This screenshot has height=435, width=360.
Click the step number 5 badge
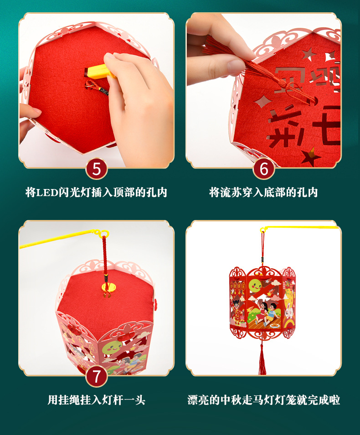[x=96, y=169]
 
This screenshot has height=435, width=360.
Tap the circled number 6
[x=264, y=169]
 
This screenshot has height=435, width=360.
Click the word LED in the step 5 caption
[x=47, y=192]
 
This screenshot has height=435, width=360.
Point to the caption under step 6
[x=263, y=192]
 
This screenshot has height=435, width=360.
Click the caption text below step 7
[x=96, y=400]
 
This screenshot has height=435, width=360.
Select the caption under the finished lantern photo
[x=263, y=400]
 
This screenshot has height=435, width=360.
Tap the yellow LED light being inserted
[x=97, y=71]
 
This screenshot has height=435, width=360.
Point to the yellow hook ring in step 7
[x=105, y=234]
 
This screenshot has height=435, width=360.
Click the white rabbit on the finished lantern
[x=289, y=312]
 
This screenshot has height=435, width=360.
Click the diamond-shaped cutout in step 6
[x=262, y=101]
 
